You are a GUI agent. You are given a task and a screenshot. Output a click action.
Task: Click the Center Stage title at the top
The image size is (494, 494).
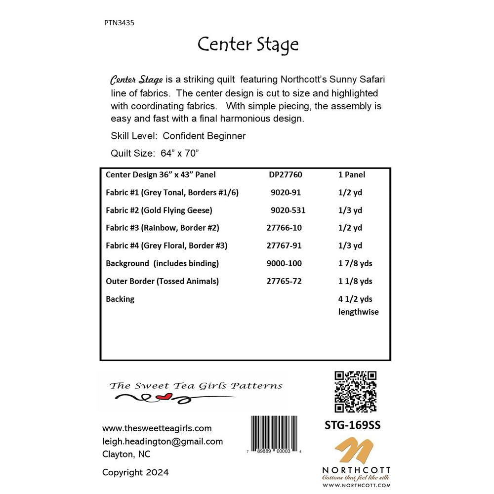248,44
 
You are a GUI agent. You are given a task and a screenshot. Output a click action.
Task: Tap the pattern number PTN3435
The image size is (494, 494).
120,22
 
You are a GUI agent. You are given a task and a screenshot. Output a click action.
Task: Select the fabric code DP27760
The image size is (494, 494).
286,174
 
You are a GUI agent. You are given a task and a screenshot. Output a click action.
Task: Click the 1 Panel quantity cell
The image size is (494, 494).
352,174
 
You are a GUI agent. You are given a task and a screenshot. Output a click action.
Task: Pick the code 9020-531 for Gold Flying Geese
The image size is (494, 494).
288,210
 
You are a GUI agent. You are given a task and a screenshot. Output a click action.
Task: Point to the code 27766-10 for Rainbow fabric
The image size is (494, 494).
284,228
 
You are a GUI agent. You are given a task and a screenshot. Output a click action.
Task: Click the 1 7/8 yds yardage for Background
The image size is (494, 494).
355,263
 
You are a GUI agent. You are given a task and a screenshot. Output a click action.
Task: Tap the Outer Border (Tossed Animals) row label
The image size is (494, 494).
162,281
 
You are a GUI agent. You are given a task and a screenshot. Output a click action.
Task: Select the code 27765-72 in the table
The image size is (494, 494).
284,281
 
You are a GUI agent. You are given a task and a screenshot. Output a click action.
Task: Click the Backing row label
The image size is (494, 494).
120,299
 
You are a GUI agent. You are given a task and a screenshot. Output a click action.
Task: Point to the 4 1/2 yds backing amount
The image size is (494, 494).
355,299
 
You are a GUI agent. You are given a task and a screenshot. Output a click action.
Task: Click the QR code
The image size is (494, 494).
356,392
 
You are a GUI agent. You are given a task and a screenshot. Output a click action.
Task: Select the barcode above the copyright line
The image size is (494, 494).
277,434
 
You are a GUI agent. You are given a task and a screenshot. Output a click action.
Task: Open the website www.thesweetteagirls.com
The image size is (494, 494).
157,428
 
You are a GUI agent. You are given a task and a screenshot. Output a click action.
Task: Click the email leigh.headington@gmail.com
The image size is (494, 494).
163,441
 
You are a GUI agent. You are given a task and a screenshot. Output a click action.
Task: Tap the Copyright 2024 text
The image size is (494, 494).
135,472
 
